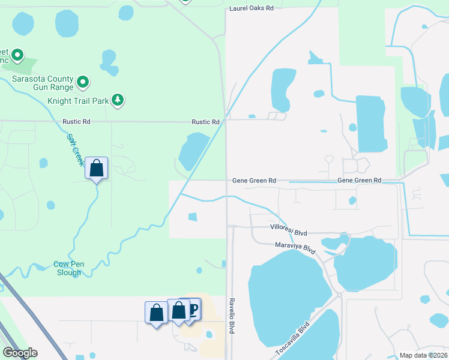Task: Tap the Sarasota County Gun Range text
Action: point(41,83)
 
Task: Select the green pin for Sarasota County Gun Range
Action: point(83,82)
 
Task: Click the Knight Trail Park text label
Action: point(78,101)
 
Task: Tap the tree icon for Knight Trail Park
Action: point(118,100)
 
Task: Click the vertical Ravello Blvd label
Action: point(231,316)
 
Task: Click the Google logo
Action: point(20,353)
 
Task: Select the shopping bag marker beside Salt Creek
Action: point(96,169)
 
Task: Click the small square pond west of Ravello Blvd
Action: point(193,217)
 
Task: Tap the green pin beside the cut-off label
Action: point(17,56)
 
